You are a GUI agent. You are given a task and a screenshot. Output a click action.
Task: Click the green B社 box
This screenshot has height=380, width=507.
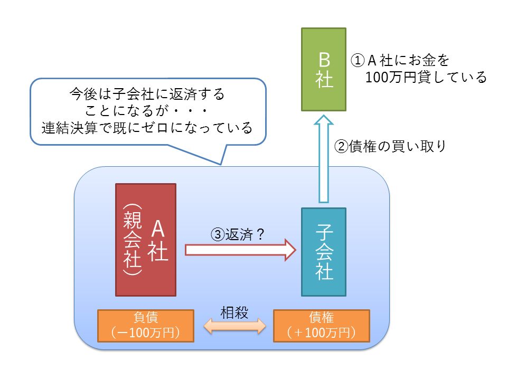coord(324,69)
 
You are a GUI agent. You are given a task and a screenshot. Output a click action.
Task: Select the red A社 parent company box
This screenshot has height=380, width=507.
coord(146,239)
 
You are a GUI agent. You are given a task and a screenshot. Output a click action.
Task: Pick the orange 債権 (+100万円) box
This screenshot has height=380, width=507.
coord(321,326)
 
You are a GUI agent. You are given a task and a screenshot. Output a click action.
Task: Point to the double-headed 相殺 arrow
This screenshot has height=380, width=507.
coord(235,326)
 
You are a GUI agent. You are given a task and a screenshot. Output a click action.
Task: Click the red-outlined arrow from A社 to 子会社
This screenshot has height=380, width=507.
coord(241,249)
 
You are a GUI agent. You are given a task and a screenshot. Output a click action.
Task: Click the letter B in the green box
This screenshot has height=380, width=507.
coord(324,58)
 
